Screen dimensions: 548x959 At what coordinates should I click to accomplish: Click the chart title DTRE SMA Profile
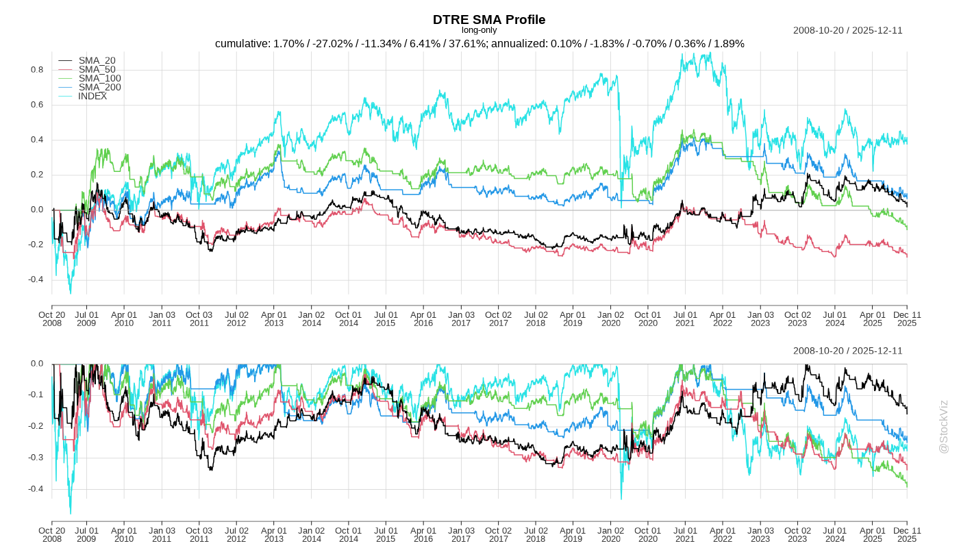(489, 19)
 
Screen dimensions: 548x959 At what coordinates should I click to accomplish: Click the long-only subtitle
(480, 30)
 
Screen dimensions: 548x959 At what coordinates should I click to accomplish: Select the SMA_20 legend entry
(97, 61)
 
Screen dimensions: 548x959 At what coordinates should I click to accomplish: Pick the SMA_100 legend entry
(99, 79)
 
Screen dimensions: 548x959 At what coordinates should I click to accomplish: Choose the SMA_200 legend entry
(99, 88)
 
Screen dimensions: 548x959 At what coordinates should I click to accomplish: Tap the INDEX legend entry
(92, 97)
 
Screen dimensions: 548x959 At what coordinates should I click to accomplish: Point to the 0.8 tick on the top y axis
(37, 70)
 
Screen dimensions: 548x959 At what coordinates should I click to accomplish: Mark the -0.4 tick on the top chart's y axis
(36, 279)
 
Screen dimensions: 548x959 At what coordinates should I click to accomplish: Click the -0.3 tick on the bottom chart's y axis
(36, 458)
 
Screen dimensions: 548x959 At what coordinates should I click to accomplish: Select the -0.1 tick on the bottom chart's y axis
(36, 395)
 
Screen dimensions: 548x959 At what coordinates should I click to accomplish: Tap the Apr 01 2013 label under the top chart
(274, 319)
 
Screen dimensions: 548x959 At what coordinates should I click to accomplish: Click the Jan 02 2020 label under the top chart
(610, 319)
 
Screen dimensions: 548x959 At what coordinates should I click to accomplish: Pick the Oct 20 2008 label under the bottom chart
(51, 534)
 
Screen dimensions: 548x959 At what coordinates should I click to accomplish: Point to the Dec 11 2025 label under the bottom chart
(907, 534)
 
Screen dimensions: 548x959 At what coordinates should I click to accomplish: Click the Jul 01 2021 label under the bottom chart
(685, 534)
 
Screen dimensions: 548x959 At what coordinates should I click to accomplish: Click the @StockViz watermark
(943, 427)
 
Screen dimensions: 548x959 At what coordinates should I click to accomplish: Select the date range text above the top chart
(847, 30)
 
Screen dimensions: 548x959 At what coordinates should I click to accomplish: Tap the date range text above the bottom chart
(847, 351)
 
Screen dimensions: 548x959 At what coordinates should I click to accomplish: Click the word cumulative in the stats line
(242, 44)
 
